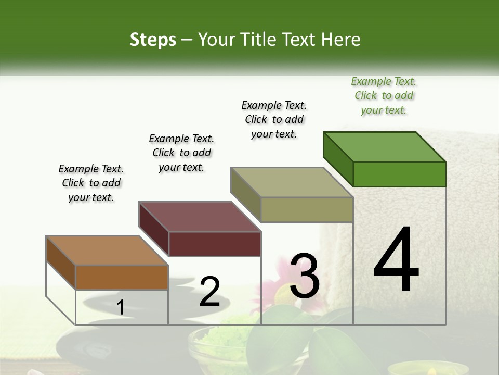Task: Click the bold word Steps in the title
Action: point(153,40)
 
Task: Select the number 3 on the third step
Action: point(305,276)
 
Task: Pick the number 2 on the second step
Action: point(209,292)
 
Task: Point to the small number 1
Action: point(120,308)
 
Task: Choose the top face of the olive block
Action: point(292,182)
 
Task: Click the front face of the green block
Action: point(399,174)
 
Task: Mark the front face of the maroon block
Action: point(215,244)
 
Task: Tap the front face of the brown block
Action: point(122,277)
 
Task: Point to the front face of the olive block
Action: point(307,209)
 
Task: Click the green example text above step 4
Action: point(384,96)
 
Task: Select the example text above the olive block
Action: point(274,119)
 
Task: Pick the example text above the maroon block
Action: point(181,153)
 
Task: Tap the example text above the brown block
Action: point(91,183)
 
